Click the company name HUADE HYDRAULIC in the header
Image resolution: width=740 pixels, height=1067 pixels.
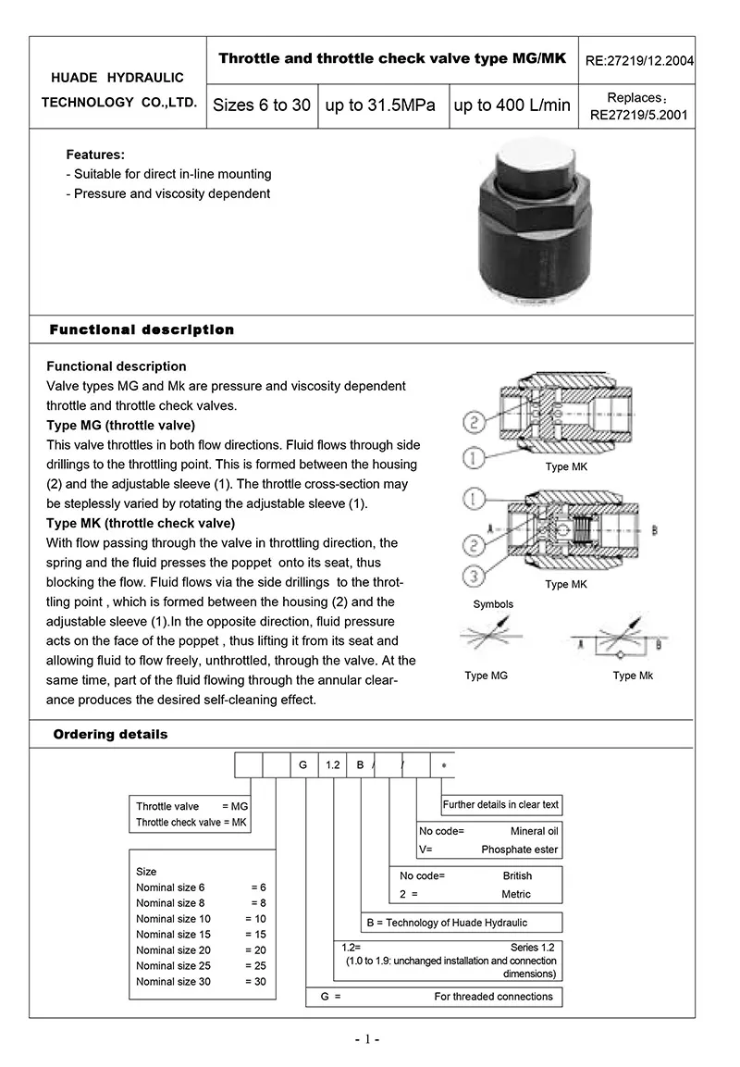coord(117,78)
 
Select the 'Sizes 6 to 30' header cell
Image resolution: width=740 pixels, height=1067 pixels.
coord(262,105)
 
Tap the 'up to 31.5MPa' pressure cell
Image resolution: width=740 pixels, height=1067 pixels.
coord(379,105)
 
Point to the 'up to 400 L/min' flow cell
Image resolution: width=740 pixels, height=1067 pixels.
coord(512,105)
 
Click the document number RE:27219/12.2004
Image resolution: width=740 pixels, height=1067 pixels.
coord(639,62)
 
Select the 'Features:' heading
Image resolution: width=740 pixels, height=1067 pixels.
coord(95,155)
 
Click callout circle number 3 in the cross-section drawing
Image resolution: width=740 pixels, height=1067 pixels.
coord(474,577)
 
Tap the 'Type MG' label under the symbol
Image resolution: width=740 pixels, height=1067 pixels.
coord(487,676)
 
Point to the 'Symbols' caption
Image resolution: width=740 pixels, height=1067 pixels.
coord(493,604)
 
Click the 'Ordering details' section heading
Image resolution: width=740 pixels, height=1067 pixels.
coord(110,735)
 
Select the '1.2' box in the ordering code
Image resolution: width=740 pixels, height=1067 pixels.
coord(333,765)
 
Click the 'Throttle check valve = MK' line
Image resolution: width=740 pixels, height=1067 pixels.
coord(191,823)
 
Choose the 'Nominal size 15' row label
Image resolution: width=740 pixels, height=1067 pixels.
coord(173,935)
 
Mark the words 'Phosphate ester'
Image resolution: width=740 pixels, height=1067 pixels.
coord(520,850)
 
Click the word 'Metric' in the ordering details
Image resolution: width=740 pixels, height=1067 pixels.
coord(516,895)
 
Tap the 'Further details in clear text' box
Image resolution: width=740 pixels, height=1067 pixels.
coord(500,805)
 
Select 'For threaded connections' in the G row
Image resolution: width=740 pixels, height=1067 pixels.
coord(493,997)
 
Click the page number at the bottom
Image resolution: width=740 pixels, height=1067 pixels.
coord(367,1039)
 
